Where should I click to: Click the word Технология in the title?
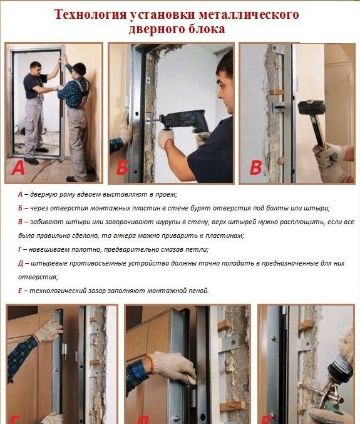[90, 14]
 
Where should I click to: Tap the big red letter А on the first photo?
[18, 168]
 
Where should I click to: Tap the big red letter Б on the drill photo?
[122, 168]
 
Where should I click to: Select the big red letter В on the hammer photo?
[255, 168]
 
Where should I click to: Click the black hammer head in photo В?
[311, 107]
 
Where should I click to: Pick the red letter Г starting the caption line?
[20, 249]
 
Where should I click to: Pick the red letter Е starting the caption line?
[20, 291]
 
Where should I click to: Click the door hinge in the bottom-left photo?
[64, 352]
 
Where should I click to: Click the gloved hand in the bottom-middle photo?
[172, 368]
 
